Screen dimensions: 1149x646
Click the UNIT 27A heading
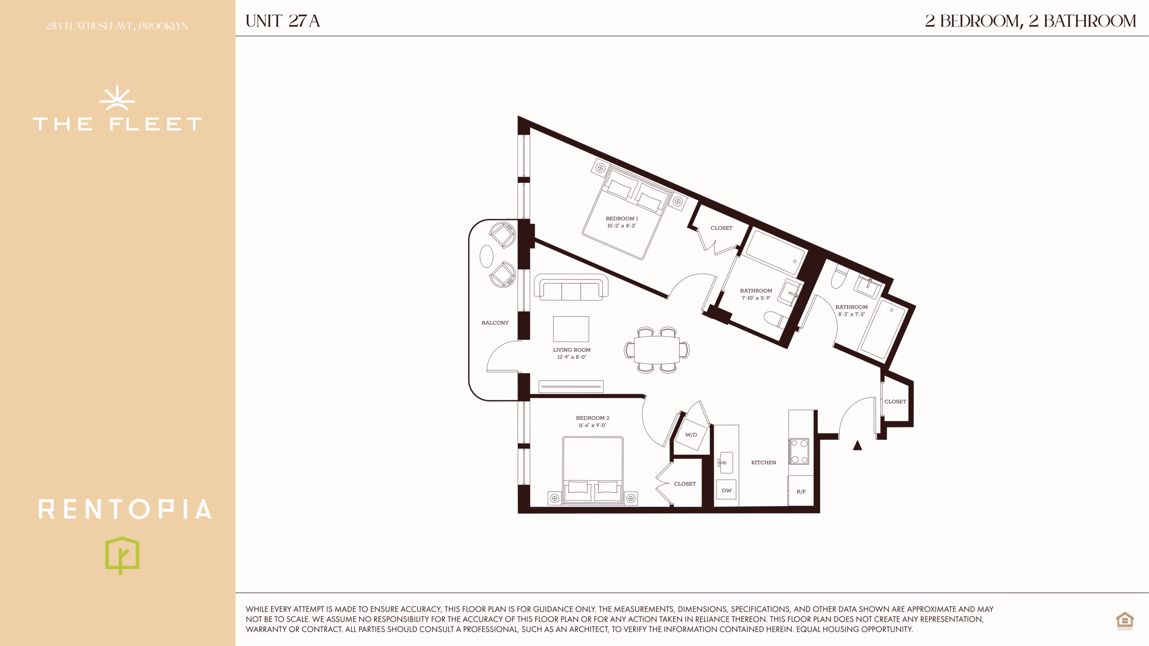[x=283, y=21]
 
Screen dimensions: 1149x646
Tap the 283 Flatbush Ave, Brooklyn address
[x=117, y=26]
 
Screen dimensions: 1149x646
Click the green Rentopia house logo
[x=122, y=555]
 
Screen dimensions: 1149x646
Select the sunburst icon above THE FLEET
[x=117, y=98]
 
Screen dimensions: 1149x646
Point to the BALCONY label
[x=495, y=323]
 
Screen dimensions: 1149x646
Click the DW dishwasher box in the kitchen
[x=727, y=490]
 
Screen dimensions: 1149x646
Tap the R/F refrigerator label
[x=801, y=492]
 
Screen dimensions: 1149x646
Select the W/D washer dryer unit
[x=691, y=435]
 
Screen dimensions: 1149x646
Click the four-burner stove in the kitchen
[x=799, y=451]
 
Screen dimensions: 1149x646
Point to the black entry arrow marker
[x=857, y=445]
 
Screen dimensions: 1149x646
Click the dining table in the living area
[x=657, y=350]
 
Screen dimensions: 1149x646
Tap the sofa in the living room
[x=571, y=287]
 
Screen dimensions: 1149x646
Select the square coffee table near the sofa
[x=571, y=329]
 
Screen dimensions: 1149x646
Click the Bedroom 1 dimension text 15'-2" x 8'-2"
[x=622, y=226]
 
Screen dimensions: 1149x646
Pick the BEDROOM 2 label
[x=592, y=418]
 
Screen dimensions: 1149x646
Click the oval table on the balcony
[x=487, y=256]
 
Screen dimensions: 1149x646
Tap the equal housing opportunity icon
[x=1125, y=621]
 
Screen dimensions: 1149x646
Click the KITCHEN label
[x=763, y=463]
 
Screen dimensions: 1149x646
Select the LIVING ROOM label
[x=572, y=350]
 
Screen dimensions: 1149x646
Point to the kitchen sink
[x=726, y=463]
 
